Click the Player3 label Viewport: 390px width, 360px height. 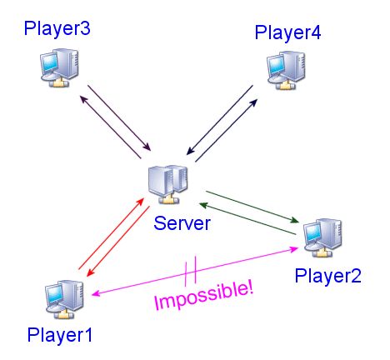57,29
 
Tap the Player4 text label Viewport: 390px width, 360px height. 287,33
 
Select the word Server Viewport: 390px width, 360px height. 182,223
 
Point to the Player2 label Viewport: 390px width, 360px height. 327,277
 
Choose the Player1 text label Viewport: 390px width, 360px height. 60,336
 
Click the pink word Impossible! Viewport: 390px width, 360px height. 204,296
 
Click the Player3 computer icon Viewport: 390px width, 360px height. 59,67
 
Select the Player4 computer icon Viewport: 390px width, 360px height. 286,70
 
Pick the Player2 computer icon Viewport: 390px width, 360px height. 322,237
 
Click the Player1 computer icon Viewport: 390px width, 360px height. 64,299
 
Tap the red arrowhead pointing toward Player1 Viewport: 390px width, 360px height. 90,272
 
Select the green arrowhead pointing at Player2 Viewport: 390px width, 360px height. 294,221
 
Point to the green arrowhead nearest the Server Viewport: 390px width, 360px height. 203,205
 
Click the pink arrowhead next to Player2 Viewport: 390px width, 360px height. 294,248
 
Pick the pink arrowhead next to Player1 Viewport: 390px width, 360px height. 96,293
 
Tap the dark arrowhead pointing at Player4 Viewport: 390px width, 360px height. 253,102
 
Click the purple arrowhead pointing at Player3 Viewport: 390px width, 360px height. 83,99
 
